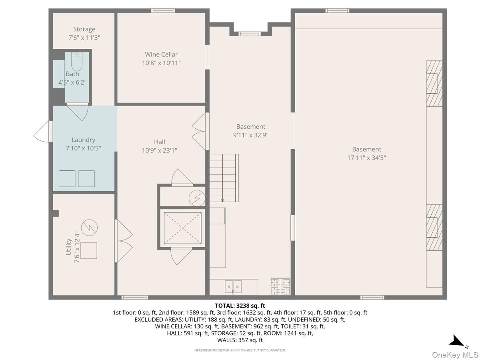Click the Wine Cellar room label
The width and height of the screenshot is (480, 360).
click(x=161, y=54)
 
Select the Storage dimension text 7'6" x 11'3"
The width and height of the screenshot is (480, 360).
click(x=84, y=38)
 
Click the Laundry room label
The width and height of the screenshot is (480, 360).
click(x=83, y=140)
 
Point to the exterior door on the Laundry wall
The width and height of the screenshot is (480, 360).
click(x=42, y=132)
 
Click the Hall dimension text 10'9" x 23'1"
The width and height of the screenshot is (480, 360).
click(x=159, y=150)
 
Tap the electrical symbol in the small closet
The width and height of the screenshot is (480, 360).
click(x=198, y=197)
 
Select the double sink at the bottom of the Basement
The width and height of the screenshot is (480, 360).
click(x=233, y=287)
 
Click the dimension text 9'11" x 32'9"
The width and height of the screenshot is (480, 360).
click(x=250, y=135)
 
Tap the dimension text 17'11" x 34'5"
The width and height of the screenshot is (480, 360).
click(x=366, y=158)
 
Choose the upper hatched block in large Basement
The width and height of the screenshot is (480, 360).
click(x=434, y=83)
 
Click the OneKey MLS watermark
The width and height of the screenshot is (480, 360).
click(x=455, y=354)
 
